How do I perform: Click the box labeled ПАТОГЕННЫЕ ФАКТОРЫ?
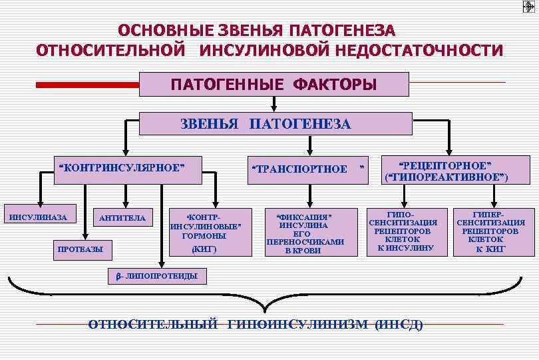point(273,85)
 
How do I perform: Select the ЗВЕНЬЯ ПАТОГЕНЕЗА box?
point(266,123)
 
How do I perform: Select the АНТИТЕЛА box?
point(122,218)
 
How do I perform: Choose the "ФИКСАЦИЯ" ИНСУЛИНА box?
point(304,233)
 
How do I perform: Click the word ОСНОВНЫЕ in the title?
point(160,31)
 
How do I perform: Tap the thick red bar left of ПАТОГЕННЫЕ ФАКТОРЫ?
point(87,85)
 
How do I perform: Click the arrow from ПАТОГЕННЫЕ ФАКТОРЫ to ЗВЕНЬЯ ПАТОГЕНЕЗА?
point(273,103)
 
